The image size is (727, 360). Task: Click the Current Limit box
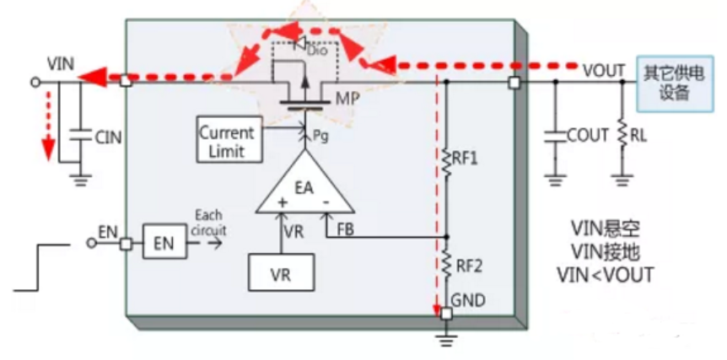point(227,139)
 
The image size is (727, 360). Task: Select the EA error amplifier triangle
point(306,188)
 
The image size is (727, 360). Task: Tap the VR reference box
point(281,272)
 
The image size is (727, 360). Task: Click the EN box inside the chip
point(164,241)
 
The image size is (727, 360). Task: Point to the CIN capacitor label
point(108,137)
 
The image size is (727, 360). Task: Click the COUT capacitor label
point(588,135)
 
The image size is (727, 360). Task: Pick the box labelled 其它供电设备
point(675,83)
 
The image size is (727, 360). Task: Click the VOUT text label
point(603,71)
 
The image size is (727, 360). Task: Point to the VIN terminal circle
point(35,83)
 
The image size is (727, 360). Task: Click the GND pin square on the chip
point(446,314)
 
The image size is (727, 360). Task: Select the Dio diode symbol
point(300,44)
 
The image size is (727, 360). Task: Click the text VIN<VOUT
point(606,275)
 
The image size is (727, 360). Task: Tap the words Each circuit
point(208,223)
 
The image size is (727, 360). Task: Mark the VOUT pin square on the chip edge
point(514,83)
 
